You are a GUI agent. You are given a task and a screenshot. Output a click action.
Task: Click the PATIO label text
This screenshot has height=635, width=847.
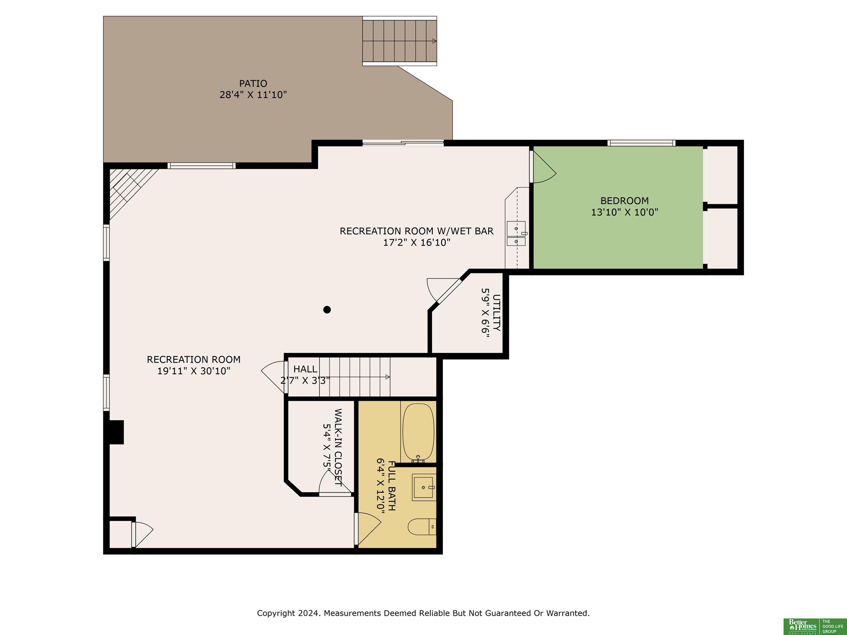coord(253,84)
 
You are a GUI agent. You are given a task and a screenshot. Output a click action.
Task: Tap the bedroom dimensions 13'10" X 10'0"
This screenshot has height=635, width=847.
coord(624,212)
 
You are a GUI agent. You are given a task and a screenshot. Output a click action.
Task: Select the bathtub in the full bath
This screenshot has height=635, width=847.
coord(418,432)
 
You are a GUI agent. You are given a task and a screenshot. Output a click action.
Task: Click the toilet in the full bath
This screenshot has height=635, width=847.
coord(422,527)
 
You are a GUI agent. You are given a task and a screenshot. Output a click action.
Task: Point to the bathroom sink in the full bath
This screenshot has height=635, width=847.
coord(424,487)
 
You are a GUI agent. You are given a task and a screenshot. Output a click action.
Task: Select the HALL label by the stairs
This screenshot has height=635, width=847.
coord(305,369)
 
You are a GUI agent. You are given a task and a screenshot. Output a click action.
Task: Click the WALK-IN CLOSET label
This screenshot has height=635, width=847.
coord(338,447)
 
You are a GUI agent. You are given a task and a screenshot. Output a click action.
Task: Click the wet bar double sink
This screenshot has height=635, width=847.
coord(516,233)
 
